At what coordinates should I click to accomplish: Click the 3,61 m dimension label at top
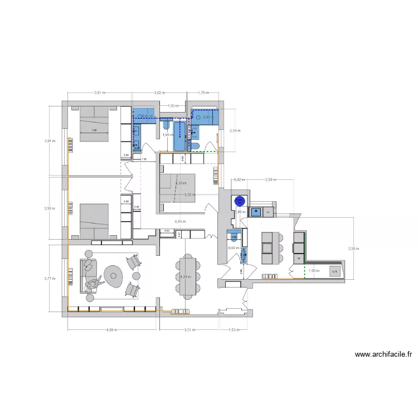(100, 93)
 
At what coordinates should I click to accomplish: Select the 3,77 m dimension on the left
(50, 278)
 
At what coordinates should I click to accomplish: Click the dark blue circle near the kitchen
(240, 201)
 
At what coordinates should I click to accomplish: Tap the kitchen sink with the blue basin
(257, 211)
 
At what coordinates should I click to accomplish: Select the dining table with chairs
(186, 276)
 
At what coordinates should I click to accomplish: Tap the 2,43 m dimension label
(235, 130)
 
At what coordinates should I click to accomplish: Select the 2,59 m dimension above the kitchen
(271, 179)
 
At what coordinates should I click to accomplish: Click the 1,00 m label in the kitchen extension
(314, 271)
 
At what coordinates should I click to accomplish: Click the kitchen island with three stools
(269, 247)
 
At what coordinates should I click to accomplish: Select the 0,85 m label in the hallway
(180, 221)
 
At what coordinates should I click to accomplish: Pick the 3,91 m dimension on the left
(50, 141)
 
